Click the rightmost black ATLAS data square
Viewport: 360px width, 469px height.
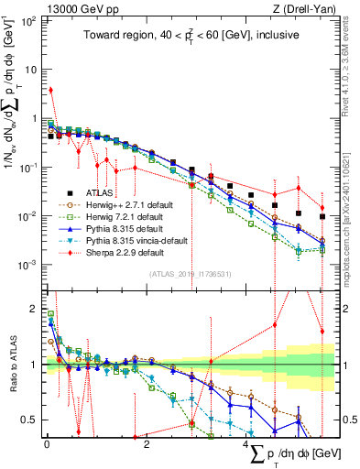tap(322, 217)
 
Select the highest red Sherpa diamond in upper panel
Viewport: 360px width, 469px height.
tap(51, 90)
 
